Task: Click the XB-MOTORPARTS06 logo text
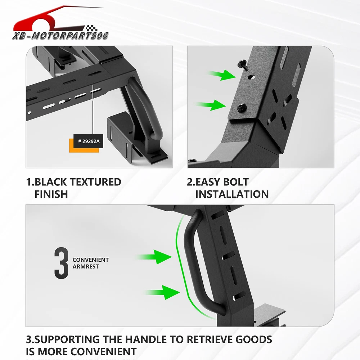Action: (60, 36)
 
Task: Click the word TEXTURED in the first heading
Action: (95, 182)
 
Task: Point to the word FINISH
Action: (51, 194)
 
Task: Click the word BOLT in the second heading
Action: (236, 182)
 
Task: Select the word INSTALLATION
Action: (232, 194)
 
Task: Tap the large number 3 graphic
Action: (61, 263)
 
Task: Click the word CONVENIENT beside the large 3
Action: (90, 260)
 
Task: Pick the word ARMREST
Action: (86, 266)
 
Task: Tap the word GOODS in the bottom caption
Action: (254, 339)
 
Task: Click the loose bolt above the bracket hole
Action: (243, 64)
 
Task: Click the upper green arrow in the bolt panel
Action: (222, 75)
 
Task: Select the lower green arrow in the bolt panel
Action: (211, 105)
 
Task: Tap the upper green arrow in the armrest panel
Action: (153, 257)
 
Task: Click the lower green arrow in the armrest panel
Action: (162, 292)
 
